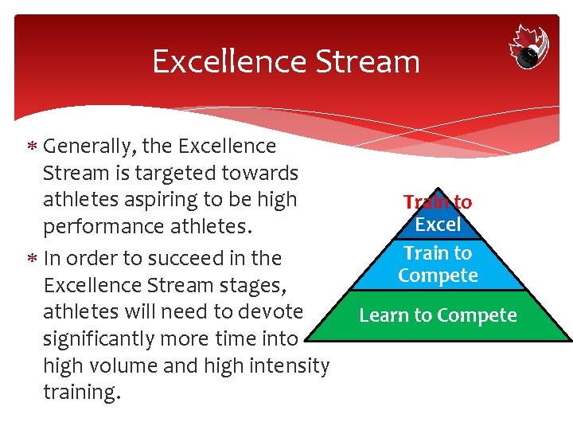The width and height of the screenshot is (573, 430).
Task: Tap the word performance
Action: pos(102,227)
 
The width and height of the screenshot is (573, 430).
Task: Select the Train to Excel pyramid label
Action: pos(438,213)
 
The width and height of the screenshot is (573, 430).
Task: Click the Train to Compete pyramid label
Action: pos(438,264)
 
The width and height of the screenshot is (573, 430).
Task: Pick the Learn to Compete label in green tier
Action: pos(438,315)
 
